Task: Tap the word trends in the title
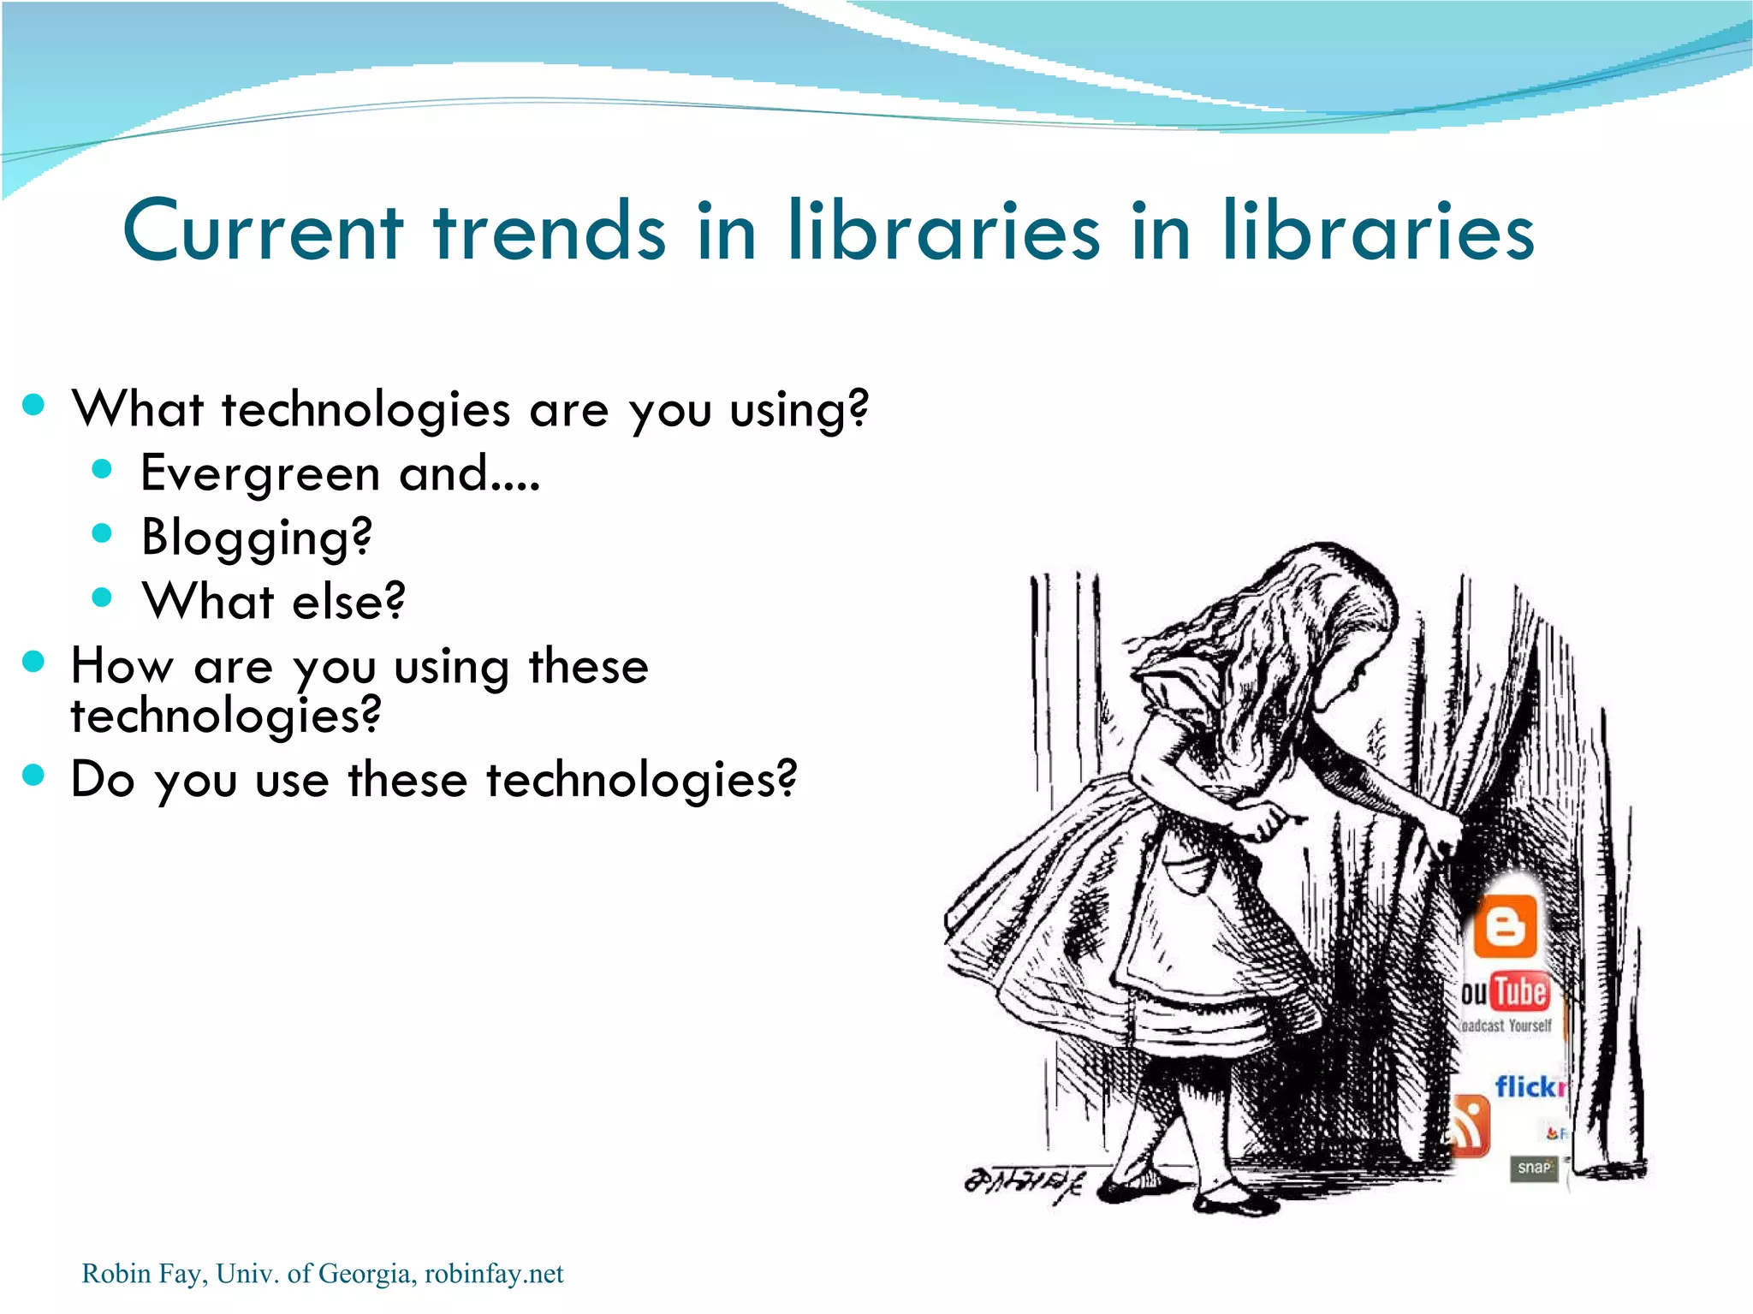549,231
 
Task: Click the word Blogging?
257,538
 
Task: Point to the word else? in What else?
348,602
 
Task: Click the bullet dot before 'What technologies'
33,405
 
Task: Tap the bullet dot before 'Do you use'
33,775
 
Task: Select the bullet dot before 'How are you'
33,661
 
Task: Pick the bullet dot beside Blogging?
102,533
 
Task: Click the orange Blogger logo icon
1505,925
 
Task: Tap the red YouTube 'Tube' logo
1520,992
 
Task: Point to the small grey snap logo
1533,1168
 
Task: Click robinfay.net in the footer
494,1274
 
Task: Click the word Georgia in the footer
365,1274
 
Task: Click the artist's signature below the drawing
1024,1182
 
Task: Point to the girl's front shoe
1233,1198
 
